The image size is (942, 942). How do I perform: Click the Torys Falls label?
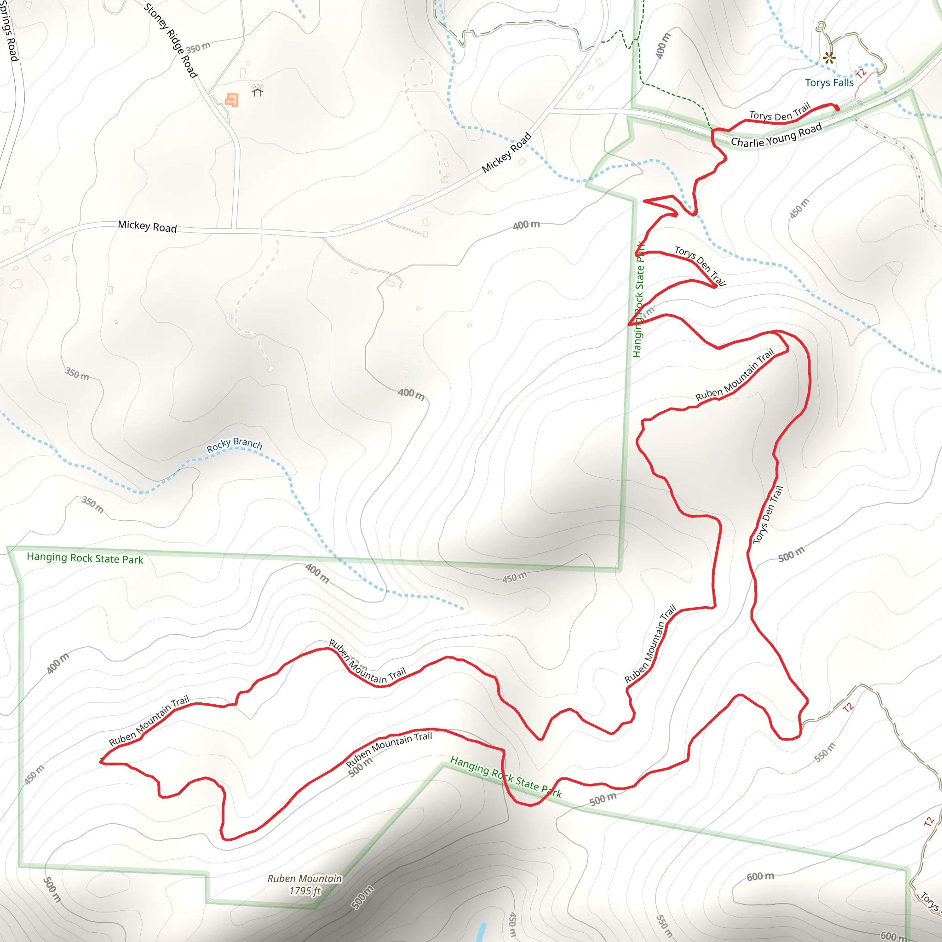[x=829, y=83]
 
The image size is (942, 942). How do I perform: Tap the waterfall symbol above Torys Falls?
[x=829, y=58]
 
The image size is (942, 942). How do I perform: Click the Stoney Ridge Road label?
[x=171, y=40]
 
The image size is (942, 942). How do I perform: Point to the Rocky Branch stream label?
[x=234, y=444]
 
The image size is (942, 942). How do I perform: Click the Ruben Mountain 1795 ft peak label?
[x=305, y=885]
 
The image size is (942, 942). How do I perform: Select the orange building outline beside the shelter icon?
[x=232, y=100]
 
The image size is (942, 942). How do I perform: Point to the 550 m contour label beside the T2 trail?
[x=825, y=752]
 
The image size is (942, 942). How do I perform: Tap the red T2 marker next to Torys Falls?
[x=861, y=73]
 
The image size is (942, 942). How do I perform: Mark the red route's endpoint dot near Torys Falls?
[x=837, y=108]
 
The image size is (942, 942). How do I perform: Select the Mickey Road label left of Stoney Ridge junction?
[x=147, y=226]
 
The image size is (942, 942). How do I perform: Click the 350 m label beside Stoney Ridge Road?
[x=198, y=48]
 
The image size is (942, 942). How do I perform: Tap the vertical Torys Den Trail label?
[x=768, y=514]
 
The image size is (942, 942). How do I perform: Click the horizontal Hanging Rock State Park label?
[x=85, y=558]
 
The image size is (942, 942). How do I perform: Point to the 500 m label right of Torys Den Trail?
[x=791, y=554]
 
